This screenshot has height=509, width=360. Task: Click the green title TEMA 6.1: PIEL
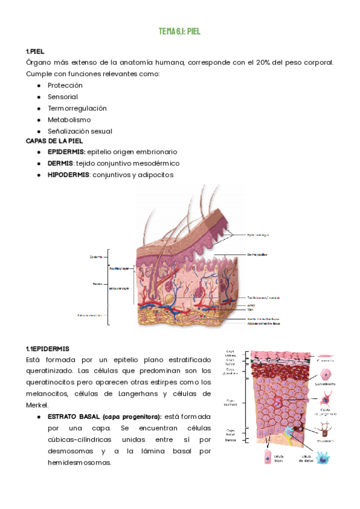click(x=179, y=31)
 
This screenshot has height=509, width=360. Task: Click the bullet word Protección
click(x=65, y=85)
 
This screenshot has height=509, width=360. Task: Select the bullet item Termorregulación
click(x=77, y=108)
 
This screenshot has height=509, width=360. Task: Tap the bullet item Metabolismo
click(x=68, y=119)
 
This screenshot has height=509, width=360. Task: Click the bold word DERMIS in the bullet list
click(x=60, y=163)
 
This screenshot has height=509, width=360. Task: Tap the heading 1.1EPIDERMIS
click(x=47, y=349)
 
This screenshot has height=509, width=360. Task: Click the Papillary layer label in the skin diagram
click(x=119, y=268)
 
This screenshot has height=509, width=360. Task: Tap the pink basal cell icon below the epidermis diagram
click(x=266, y=457)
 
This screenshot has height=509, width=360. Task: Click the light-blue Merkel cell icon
click(x=324, y=458)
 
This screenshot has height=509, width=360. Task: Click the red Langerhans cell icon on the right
click(x=326, y=399)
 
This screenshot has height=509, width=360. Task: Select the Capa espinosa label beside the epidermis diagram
click(x=230, y=403)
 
